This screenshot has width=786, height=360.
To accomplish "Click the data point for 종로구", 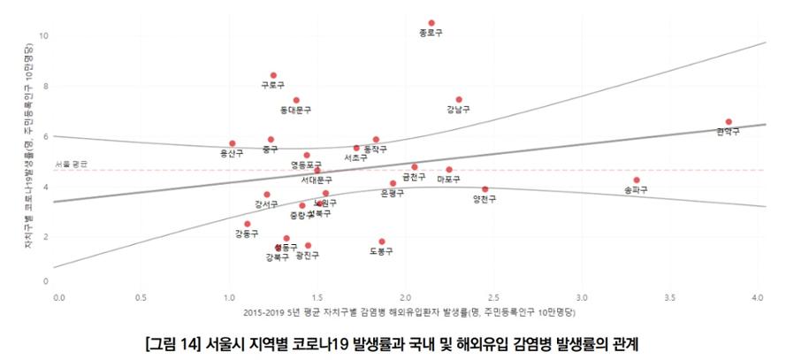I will coord(431,23).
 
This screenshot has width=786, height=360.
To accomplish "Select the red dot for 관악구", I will coord(729,122).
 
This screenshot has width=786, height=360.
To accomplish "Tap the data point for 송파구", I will coord(637,180).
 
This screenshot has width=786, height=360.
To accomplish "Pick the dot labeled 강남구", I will coord(459,100).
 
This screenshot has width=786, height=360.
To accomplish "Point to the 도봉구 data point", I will coord(382,241).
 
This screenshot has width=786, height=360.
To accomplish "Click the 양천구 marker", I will coord(485,189).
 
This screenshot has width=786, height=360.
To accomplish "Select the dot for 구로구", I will coord(273,75).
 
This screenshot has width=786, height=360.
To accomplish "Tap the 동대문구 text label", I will coord(296,111).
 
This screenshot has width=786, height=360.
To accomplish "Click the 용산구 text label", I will coord(232,153).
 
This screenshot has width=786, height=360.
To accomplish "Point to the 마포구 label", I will coord(449,180).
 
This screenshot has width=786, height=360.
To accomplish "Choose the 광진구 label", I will coord(308,256).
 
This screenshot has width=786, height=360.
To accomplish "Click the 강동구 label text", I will coord(247,234).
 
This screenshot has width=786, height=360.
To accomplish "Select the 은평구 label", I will coord(392,194).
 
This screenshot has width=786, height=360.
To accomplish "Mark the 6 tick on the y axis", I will coord(45,135).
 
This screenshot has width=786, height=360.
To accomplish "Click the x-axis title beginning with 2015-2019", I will coord(407,312).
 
